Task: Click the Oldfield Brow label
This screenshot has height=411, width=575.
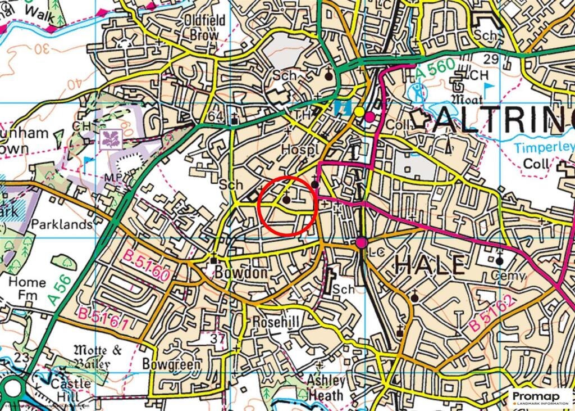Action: point(205,28)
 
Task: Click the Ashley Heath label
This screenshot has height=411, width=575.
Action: point(326,387)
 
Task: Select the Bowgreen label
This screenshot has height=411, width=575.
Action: point(171,364)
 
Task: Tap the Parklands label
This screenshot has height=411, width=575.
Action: point(62,224)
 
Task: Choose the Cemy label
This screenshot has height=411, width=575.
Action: point(508,275)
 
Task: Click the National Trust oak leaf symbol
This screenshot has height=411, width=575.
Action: point(110,139)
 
